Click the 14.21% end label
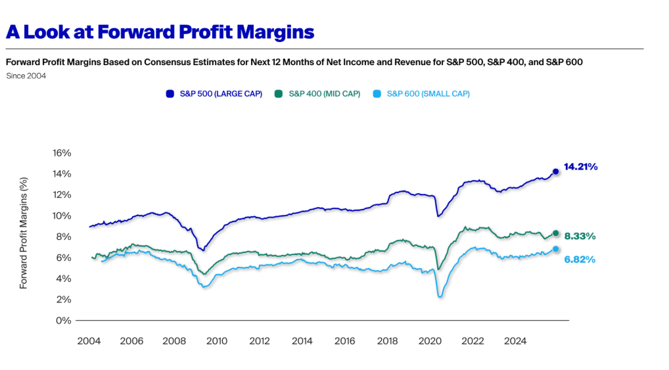tap(580, 167)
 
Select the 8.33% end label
tap(580, 236)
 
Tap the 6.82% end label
tap(580, 260)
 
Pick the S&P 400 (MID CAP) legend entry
tap(319, 94)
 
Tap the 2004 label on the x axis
tap(89, 341)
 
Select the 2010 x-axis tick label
tap(217, 341)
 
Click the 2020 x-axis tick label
tap(430, 341)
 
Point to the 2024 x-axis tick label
tap(515, 341)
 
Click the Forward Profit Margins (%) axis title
tap(24, 233)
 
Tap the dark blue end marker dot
tap(555, 172)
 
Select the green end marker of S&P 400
tap(555, 233)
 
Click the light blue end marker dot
tap(555, 249)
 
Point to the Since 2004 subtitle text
tap(26, 76)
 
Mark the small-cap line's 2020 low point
tap(440, 297)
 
